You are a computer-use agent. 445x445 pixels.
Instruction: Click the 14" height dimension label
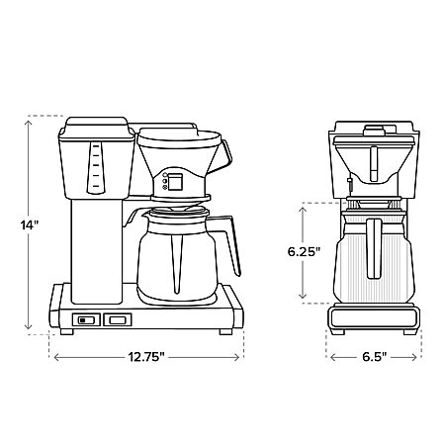[x=30, y=225]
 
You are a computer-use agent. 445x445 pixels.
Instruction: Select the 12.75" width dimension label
[x=146, y=357]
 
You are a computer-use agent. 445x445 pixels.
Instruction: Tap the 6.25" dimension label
[x=304, y=252]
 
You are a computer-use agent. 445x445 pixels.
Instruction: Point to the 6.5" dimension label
[x=374, y=357]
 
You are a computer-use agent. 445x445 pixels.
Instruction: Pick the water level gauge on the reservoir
[x=96, y=167]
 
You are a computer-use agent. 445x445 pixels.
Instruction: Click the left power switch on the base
[x=86, y=319]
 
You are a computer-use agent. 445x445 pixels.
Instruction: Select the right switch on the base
[x=118, y=319]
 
